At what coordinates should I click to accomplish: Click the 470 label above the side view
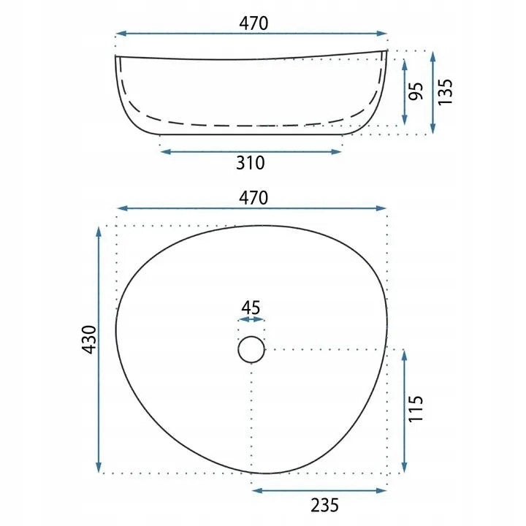[x=254, y=23]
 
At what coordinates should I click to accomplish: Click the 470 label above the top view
[x=254, y=197]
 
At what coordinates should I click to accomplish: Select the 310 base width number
[x=251, y=163]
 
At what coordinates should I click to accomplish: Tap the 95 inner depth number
[x=416, y=91]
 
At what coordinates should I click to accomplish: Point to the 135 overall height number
[x=445, y=92]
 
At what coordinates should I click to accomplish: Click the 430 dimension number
[x=89, y=340]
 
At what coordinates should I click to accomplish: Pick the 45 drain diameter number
[x=251, y=308]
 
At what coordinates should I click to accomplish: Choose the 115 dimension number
[x=416, y=408]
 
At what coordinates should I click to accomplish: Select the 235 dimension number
[x=324, y=506]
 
